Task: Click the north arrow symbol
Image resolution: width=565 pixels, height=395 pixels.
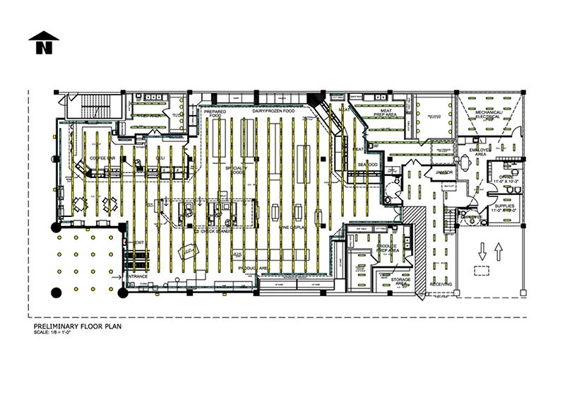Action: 44,43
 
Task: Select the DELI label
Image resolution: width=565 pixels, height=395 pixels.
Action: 160,158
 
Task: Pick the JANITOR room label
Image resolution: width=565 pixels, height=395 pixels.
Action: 444,172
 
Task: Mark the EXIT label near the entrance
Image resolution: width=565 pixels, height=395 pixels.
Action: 138,242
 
